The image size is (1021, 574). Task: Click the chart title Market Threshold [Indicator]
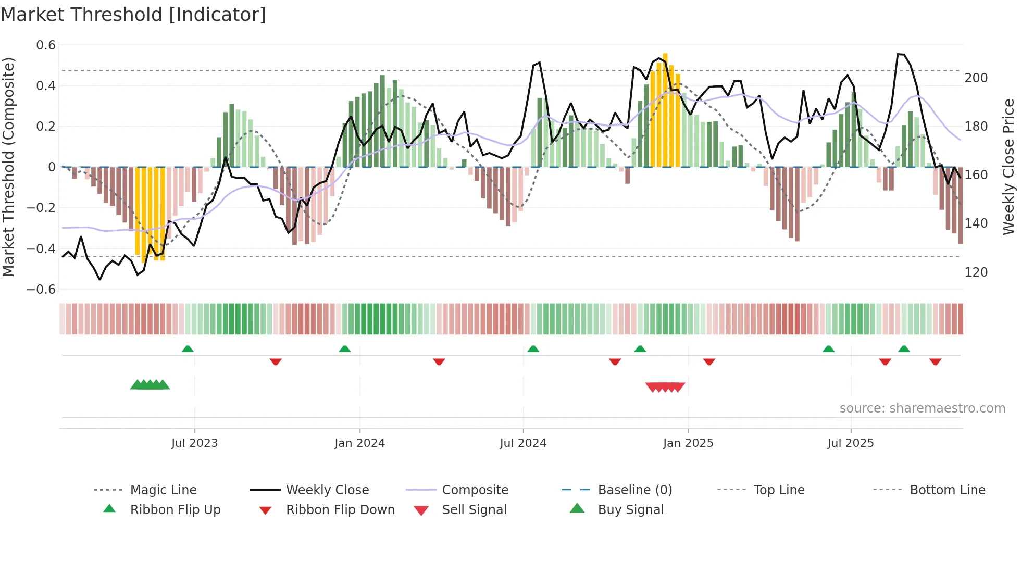[x=133, y=15]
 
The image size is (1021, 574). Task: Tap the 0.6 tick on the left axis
[x=46, y=45]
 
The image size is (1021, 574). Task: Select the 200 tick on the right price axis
[x=976, y=78]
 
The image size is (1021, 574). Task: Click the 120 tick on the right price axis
[x=976, y=272]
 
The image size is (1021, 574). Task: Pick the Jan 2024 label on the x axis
[x=359, y=443]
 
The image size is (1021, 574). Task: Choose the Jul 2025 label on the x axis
[x=850, y=443]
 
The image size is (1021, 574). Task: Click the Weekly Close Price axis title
[x=1008, y=167]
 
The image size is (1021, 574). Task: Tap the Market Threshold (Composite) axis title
[x=8, y=167]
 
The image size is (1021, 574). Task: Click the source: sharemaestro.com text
[x=922, y=408]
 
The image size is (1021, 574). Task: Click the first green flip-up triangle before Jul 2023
[x=188, y=349]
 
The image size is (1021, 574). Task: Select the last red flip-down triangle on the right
[x=935, y=361]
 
